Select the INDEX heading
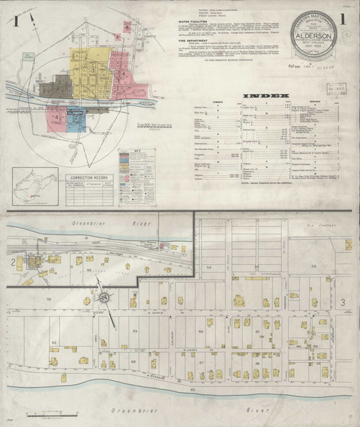click(x=267, y=95)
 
